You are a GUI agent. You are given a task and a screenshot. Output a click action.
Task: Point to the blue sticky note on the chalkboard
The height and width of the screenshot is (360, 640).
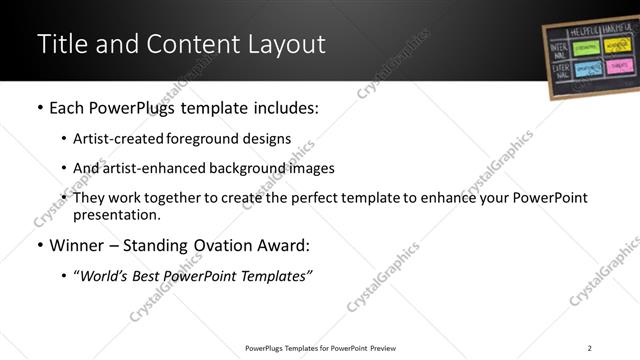pos(581,67)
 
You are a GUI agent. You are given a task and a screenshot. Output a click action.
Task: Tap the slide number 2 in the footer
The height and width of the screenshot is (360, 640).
pos(589,347)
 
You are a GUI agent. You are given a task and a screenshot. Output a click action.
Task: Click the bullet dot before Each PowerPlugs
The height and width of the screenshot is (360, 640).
pos(40,108)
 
